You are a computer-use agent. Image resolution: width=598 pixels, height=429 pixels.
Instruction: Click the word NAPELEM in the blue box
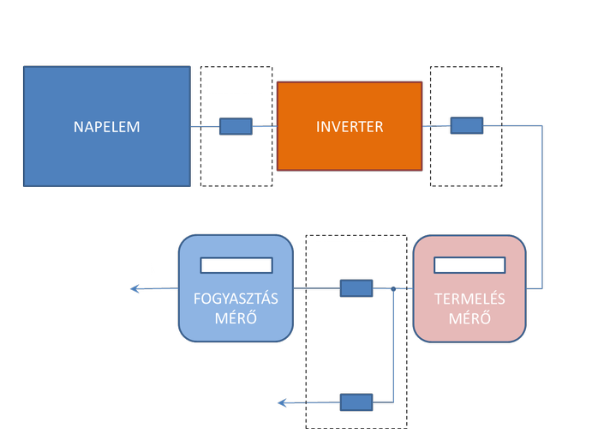coord(107,127)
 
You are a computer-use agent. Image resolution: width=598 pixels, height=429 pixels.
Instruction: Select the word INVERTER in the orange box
coord(350,127)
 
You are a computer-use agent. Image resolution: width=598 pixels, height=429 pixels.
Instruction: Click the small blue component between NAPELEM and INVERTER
coord(236,127)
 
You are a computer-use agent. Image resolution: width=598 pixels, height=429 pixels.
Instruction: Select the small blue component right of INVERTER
coord(467,127)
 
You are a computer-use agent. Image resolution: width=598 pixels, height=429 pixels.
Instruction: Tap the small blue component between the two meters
coord(356,288)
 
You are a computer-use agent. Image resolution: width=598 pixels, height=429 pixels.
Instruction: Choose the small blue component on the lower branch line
coord(356,402)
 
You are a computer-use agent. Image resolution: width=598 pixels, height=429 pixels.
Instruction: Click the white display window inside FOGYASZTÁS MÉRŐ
coord(236,264)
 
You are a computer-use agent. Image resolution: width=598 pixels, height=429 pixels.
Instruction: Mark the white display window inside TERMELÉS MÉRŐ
coord(469,264)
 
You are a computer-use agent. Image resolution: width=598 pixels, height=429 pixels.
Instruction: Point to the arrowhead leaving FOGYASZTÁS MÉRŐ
coord(135,289)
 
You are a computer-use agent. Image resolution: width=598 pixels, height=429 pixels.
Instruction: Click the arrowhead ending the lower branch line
coord(282,402)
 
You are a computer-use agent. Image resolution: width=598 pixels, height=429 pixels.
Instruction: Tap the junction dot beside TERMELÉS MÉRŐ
coord(392,288)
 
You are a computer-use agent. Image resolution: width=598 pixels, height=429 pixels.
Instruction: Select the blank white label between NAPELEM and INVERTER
coord(236,82)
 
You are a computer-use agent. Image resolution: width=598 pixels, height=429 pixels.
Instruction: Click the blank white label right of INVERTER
coord(467,82)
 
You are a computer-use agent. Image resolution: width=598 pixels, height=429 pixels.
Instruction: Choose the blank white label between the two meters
coord(356,249)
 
